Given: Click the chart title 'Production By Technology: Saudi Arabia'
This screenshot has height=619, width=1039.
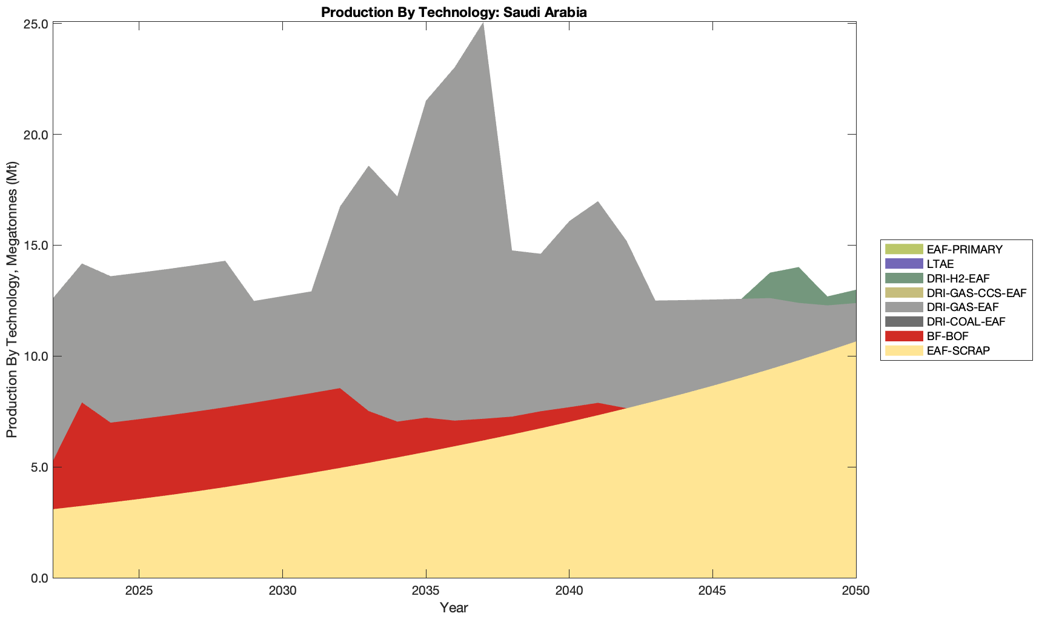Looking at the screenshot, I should click(454, 12).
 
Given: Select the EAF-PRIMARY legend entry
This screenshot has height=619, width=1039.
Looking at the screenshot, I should click(964, 249).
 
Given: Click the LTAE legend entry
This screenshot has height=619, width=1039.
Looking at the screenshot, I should click(940, 264).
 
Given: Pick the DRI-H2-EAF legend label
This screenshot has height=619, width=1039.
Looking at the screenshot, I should click(958, 278).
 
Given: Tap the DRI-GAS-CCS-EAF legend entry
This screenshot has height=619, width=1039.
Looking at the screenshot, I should click(976, 293).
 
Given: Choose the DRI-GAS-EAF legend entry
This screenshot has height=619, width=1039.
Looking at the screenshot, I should click(962, 307).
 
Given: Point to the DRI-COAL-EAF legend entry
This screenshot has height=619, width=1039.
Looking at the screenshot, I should click(966, 322).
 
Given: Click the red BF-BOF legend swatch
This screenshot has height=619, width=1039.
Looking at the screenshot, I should click(903, 336).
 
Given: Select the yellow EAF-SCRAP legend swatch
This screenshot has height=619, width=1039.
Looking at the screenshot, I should click(903, 350).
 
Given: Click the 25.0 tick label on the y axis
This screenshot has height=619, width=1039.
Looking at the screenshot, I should click(36, 24).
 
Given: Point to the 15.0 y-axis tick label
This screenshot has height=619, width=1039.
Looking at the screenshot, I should click(36, 246).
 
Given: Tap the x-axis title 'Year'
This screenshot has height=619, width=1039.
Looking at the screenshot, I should click(454, 607).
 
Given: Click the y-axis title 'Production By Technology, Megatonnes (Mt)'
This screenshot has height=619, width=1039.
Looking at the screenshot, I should click(12, 300).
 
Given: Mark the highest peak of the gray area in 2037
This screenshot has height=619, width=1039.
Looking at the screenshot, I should click(483, 24).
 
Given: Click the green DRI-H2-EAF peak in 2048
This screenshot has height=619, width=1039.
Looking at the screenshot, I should click(798, 269).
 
